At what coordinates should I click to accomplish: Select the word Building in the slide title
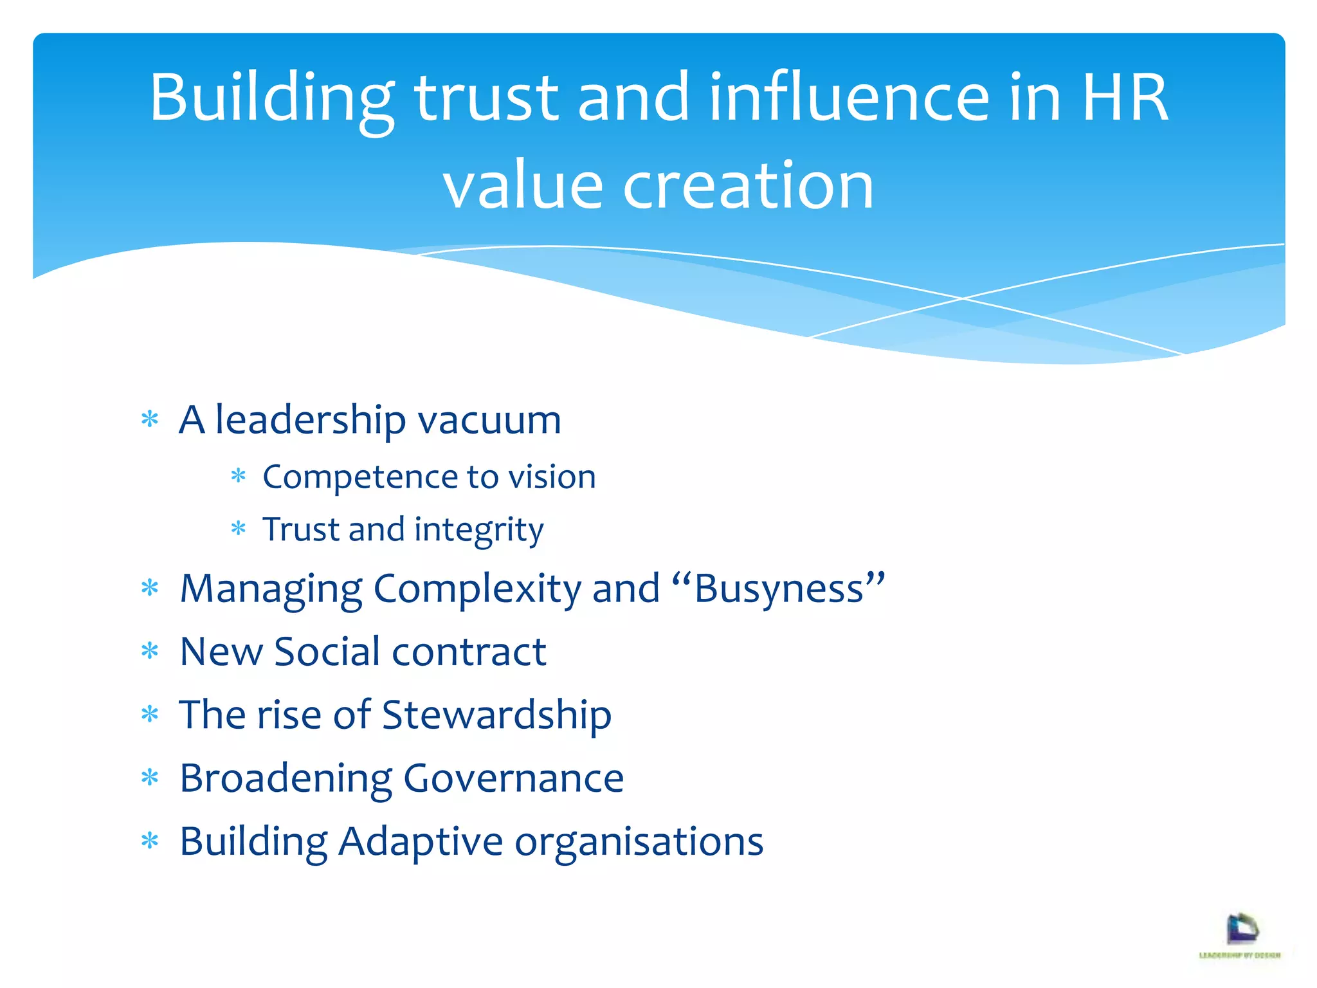tap(271, 98)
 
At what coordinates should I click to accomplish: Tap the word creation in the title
tap(748, 186)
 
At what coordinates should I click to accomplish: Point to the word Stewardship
tap(496, 715)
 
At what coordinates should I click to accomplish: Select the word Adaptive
tap(421, 841)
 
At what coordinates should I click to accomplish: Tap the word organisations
tap(639, 841)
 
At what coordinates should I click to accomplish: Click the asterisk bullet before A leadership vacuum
tap(150, 420)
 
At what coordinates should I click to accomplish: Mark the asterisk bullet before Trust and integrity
tap(239, 529)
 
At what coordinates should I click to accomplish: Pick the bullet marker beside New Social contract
tap(150, 652)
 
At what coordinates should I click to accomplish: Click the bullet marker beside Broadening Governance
tap(150, 778)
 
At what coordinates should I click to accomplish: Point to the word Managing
tap(271, 589)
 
